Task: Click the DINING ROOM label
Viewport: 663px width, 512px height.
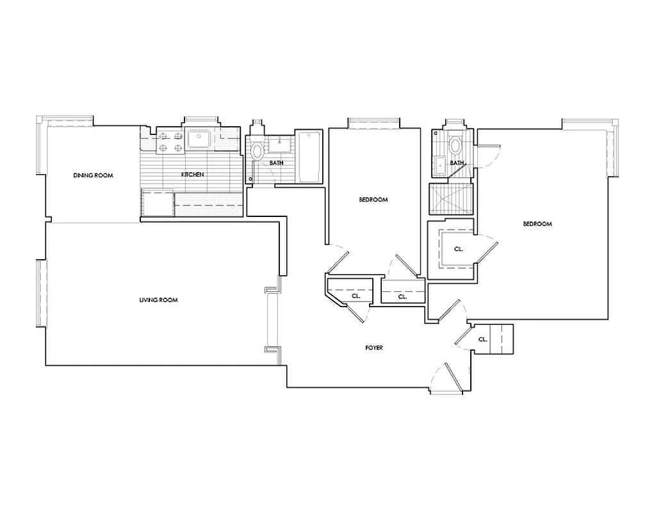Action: pyautogui.click(x=93, y=175)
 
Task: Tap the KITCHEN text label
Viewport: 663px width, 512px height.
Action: pyautogui.click(x=193, y=174)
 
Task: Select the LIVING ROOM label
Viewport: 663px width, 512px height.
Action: pyautogui.click(x=158, y=300)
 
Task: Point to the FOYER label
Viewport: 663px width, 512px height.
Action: pyautogui.click(x=374, y=348)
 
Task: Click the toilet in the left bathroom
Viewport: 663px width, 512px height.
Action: pyautogui.click(x=257, y=152)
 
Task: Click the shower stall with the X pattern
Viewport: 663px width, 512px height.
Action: pyautogui.click(x=451, y=199)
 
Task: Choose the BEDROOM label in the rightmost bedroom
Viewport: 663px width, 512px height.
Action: pyautogui.click(x=537, y=224)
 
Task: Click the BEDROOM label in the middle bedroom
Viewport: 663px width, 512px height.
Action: pyautogui.click(x=373, y=200)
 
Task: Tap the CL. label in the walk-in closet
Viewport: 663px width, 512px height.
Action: pyautogui.click(x=459, y=249)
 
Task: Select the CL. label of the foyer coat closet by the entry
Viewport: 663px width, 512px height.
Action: pyautogui.click(x=482, y=339)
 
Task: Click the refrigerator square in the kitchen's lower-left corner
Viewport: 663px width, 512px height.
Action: pyautogui.click(x=158, y=204)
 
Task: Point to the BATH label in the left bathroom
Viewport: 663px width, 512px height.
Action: pyautogui.click(x=276, y=163)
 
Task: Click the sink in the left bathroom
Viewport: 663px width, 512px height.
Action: pyautogui.click(x=279, y=142)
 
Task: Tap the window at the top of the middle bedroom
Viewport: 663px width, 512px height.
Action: pyautogui.click(x=373, y=122)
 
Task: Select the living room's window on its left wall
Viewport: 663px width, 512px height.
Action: pyautogui.click(x=40, y=292)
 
